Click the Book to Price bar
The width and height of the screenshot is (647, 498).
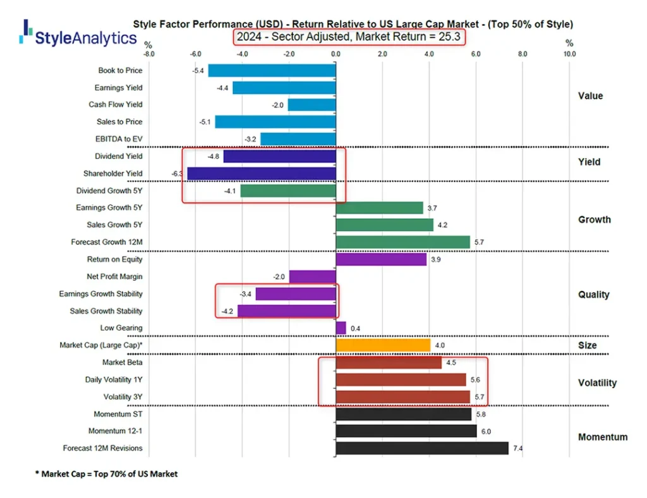272,71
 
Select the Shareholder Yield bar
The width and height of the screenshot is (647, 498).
262,174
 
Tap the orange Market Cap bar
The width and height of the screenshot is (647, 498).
383,345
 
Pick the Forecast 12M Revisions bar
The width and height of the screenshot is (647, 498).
422,448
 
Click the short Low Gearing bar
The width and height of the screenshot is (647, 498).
341,328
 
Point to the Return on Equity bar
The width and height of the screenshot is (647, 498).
381,259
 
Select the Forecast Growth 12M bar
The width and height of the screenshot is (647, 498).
403,242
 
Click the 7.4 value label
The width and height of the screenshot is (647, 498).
518,448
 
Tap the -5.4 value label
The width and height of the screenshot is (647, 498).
198,71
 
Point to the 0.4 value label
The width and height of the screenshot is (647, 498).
355,328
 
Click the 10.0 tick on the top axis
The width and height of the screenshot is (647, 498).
569,54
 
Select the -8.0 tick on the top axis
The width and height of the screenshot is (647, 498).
148,54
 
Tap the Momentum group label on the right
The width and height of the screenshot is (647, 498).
603,437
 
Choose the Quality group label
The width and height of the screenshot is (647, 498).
593,294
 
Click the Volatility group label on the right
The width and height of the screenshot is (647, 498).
597,383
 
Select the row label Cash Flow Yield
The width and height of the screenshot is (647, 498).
116,105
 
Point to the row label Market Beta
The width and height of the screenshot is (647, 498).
122,363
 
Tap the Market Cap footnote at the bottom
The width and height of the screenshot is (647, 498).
106,474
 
